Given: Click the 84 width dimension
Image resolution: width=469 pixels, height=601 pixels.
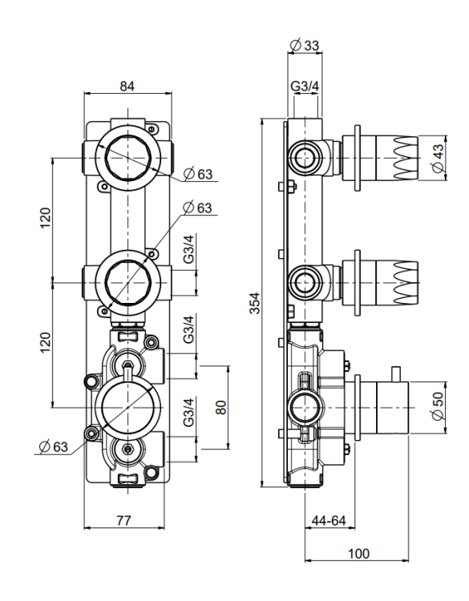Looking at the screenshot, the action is point(127,87).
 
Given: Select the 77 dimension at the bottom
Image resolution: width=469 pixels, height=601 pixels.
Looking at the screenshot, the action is point(124,521).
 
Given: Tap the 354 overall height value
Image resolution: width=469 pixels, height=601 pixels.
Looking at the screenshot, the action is point(255,303).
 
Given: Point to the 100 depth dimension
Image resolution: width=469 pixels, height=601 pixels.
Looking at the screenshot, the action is point(358,554).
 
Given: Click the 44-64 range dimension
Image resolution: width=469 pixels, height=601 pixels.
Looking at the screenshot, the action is point(329,521).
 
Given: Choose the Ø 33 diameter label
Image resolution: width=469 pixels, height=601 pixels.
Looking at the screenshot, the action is point(305,46).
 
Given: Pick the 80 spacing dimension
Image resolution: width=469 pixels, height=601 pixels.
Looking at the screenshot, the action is point(221,407).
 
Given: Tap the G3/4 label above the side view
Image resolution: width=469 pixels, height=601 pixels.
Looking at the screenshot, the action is point(305,87).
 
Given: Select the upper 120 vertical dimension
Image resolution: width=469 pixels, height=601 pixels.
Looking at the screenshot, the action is point(45,218).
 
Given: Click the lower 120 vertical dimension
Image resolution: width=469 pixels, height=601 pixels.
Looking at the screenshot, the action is point(45,343).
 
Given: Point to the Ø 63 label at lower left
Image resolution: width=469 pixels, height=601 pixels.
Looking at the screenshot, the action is point(54,446).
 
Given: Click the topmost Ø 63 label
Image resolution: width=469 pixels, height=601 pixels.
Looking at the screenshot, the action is point(198,174).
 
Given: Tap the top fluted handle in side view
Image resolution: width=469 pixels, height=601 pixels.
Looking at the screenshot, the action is point(397,158).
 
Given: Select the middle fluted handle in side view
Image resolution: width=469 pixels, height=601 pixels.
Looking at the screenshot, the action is point(397,283).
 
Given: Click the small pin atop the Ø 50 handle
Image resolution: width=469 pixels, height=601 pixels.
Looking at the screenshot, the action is point(396,374).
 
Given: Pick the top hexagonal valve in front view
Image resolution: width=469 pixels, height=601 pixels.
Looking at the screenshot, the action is point(127,158).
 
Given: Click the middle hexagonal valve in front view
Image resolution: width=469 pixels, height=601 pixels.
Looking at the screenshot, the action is point(127,283).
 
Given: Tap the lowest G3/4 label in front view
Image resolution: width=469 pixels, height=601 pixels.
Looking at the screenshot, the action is point(188,413).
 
